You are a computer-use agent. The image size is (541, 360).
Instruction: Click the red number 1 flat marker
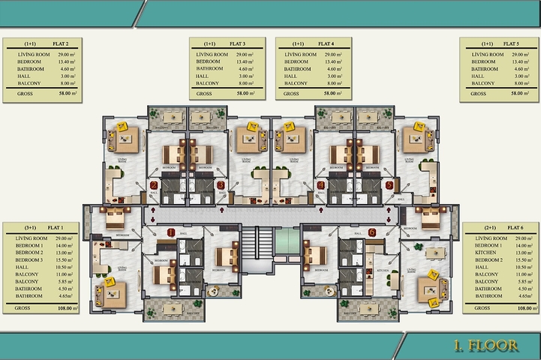coord(172,232)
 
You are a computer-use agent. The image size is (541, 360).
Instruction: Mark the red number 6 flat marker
coord(372,232)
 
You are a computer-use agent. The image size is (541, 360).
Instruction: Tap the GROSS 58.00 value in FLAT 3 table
coord(244,94)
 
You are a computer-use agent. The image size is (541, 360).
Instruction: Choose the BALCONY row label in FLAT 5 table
coord(483,83)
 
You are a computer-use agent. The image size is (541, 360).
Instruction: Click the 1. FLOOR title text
coord(485,345)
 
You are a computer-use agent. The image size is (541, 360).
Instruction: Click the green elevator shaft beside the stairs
coord(286,241)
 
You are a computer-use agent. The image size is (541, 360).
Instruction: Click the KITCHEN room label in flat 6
coord(382,270)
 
